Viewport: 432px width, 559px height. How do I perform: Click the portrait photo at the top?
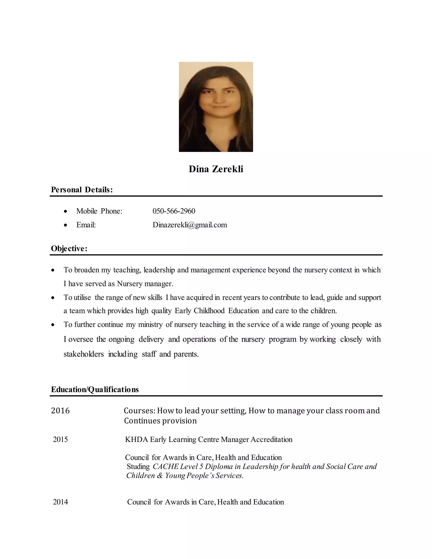click(216, 107)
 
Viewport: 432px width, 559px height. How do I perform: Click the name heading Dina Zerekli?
click(216, 169)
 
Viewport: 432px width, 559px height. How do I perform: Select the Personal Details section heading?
click(82, 190)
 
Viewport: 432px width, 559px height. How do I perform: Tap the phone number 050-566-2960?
click(174, 211)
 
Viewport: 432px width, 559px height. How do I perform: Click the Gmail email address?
click(190, 225)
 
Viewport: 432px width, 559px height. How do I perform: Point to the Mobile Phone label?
click(99, 211)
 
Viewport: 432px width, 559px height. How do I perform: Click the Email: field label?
click(86, 225)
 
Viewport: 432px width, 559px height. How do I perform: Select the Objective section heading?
click(69, 248)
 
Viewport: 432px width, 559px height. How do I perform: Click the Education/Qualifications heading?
click(95, 389)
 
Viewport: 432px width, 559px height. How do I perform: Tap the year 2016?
click(60, 410)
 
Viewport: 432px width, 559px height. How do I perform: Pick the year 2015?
click(60, 439)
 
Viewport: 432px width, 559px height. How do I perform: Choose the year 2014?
click(60, 502)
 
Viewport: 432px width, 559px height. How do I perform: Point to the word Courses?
click(139, 410)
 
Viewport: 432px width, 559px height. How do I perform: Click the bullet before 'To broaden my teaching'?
click(53, 270)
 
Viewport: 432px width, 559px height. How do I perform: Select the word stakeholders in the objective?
click(84, 354)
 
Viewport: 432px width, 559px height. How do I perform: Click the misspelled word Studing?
click(138, 466)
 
